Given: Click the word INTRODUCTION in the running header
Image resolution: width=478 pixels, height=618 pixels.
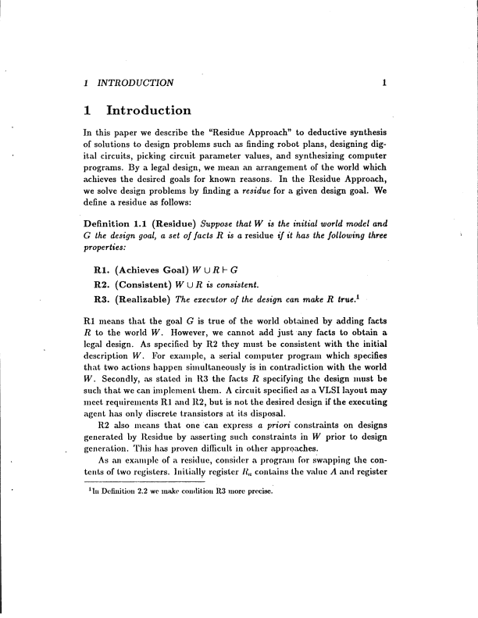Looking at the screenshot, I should coord(134,82).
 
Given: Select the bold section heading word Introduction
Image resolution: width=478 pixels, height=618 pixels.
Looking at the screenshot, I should coord(148,111).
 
